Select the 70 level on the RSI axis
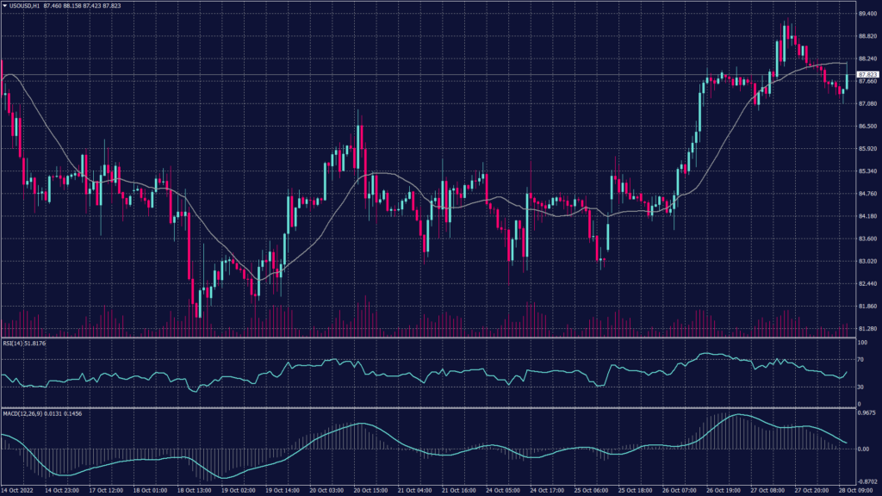(x=860, y=356)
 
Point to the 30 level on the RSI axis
(x=860, y=386)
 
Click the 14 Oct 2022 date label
(x=19, y=490)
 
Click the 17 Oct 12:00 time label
(x=107, y=490)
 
